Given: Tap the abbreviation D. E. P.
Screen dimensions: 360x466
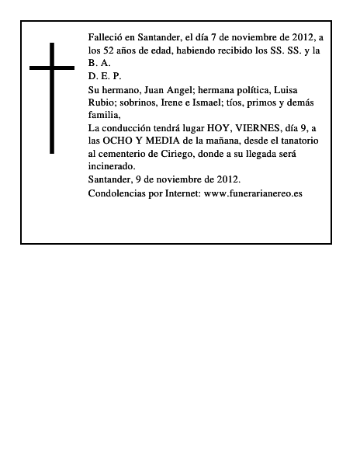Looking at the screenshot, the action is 105,77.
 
